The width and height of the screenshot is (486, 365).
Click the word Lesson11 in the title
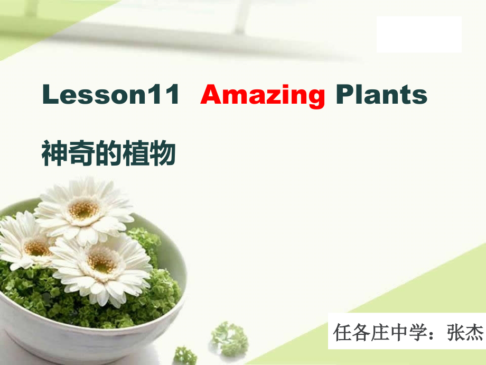coord(111,95)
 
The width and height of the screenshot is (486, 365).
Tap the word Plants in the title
coord(381,95)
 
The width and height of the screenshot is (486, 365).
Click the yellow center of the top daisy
coord(83,209)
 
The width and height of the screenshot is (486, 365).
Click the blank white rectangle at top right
coord(419,34)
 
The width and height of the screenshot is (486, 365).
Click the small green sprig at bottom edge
coord(185,355)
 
